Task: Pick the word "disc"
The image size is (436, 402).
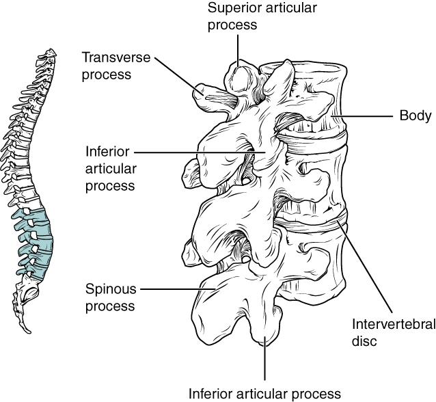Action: (364, 340)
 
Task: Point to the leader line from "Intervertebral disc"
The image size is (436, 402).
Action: (366, 267)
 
